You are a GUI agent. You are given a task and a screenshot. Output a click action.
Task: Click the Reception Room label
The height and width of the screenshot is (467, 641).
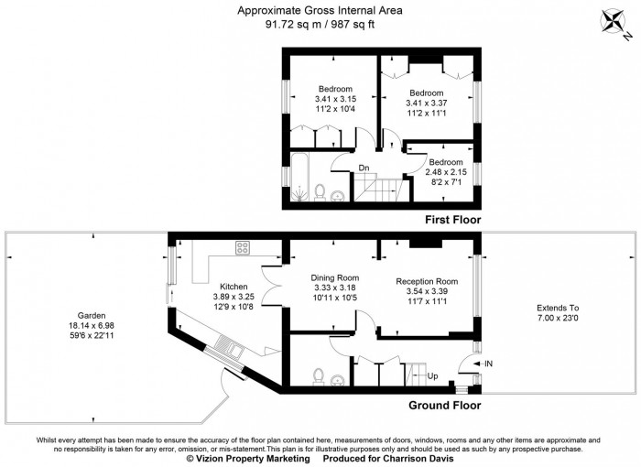[426, 281]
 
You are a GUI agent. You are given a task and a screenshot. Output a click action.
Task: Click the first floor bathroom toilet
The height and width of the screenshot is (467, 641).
[320, 190]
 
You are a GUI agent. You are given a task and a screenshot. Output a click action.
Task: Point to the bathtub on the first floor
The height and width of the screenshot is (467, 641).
[298, 179]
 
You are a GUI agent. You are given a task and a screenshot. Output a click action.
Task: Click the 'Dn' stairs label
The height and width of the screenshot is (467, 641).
[364, 168]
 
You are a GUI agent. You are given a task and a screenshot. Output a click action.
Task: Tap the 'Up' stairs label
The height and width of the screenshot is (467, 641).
[433, 375]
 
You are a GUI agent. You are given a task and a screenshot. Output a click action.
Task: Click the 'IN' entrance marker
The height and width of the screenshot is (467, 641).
[486, 364]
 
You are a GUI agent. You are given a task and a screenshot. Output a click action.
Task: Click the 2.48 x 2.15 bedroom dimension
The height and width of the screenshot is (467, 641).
[446, 172]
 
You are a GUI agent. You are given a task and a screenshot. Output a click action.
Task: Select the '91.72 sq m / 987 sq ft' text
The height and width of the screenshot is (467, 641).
[320, 26]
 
